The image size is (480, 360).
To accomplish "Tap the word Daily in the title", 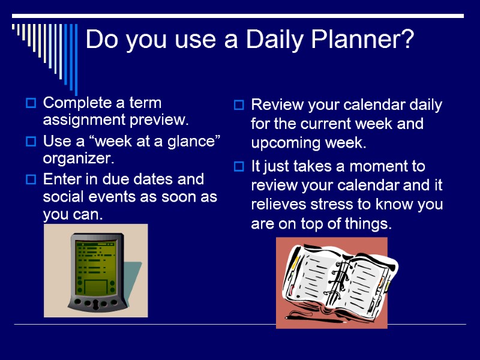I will coord(277,40).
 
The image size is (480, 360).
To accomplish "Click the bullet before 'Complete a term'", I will coord(31,103).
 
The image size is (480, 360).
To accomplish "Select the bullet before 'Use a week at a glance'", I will coord(31,142).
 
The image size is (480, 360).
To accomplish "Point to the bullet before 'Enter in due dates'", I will coord(31,180).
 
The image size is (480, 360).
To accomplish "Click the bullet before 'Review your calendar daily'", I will coord(238,106).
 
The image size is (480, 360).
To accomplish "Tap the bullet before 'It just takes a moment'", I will coord(238,166).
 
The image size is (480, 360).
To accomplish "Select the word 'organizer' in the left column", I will coord(79,159).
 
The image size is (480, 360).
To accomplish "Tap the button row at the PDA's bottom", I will coord(95,304).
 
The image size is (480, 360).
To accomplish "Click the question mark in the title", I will coord(407,40).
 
